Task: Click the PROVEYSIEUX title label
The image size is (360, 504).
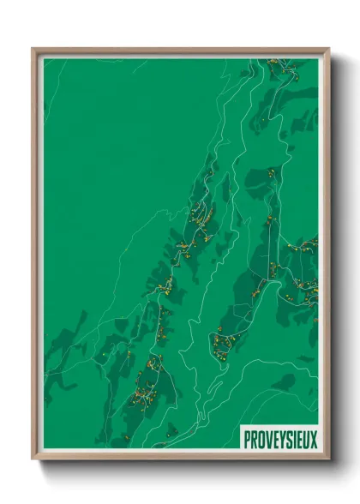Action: coord(279,440)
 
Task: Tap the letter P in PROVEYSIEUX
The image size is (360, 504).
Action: coord(247,440)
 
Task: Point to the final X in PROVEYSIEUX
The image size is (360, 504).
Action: coord(313,440)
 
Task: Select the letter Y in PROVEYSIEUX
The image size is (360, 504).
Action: coord(279,440)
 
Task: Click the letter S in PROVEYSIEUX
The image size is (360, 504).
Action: coord(286,440)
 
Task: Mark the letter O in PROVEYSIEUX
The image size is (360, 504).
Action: coord(260,440)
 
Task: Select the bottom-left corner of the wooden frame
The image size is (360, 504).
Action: coord(33,459)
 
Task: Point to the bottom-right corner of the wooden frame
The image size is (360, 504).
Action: coord(328,459)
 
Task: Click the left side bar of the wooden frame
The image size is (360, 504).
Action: coord(34,257)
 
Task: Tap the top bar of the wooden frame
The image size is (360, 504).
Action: coord(180,50)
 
